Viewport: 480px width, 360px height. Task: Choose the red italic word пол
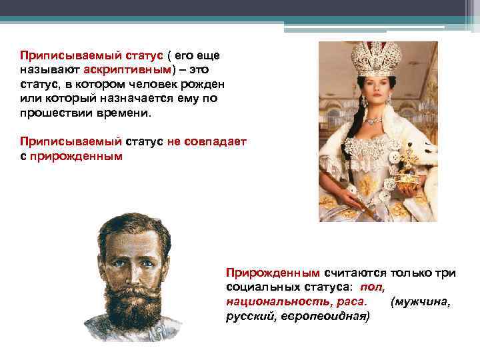click(371, 287)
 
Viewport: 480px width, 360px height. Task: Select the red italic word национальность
click(263, 301)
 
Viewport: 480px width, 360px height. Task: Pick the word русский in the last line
click(245, 316)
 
